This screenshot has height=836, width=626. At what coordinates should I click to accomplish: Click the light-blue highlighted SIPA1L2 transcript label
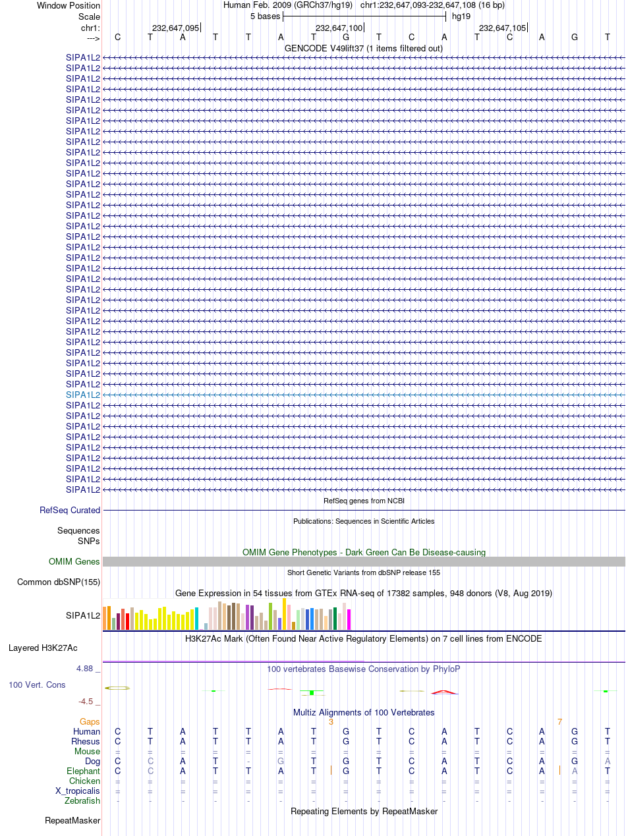coord(83,395)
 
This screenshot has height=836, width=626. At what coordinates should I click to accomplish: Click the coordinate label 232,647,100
coord(339,28)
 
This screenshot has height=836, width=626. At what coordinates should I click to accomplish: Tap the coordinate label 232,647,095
coord(175,28)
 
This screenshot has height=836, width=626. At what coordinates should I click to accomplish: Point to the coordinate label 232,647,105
coord(502,28)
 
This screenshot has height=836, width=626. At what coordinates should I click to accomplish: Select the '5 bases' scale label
coord(265,16)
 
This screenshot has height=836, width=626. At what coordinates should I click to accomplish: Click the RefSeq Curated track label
coord(70,510)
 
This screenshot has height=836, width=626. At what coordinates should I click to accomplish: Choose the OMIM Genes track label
coord(74,561)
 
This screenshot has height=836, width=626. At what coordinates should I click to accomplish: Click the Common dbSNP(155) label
coord(59,582)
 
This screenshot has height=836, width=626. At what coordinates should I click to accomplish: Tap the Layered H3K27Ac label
coord(43,648)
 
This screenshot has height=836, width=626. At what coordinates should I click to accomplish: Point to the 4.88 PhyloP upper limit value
coord(84,669)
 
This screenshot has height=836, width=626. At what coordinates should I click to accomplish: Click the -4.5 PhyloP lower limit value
coord(86,701)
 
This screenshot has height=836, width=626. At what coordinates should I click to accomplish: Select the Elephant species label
coord(83,771)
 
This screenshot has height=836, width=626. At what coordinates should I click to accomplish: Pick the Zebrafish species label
coord(82,800)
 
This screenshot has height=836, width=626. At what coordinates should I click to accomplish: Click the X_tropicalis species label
coord(78,791)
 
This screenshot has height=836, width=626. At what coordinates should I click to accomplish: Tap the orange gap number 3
coord(331,722)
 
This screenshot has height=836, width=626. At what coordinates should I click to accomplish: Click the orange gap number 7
coord(559,722)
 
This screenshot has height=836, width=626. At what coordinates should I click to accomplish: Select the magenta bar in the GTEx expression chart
coord(349,619)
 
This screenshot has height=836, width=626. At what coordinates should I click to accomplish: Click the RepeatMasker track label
coord(72,820)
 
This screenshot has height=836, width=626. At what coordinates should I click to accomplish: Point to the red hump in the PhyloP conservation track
coord(444,692)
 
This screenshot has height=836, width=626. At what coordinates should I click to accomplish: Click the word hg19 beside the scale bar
coord(461,16)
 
